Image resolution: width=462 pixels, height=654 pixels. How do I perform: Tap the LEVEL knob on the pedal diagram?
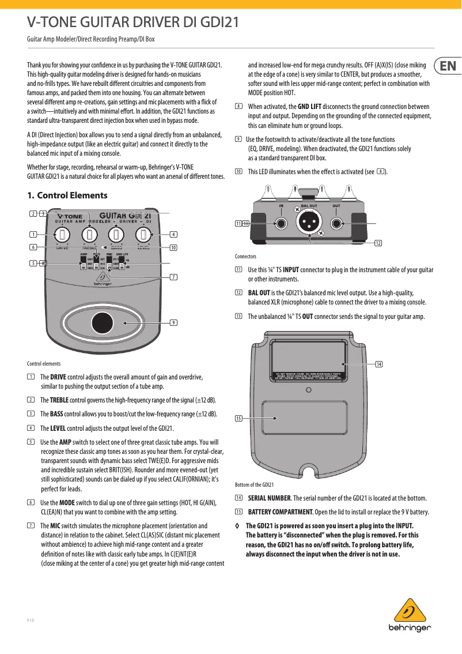tap(143, 234)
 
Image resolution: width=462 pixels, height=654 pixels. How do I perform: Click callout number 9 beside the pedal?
tap(173, 322)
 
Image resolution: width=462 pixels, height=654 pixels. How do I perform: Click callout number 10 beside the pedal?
tap(173, 247)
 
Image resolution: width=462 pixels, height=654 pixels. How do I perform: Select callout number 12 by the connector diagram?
tap(378, 243)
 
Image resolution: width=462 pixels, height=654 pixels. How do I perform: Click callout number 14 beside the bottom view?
tap(378, 364)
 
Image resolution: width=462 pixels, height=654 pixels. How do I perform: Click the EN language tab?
tap(448, 66)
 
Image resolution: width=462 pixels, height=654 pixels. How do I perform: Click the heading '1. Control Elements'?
tap(67, 196)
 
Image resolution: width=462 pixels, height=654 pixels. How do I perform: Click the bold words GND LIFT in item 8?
tap(309, 107)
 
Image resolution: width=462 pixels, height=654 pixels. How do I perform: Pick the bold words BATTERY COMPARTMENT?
tap(280, 512)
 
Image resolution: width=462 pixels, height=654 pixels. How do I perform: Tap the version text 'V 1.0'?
tap(31, 621)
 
